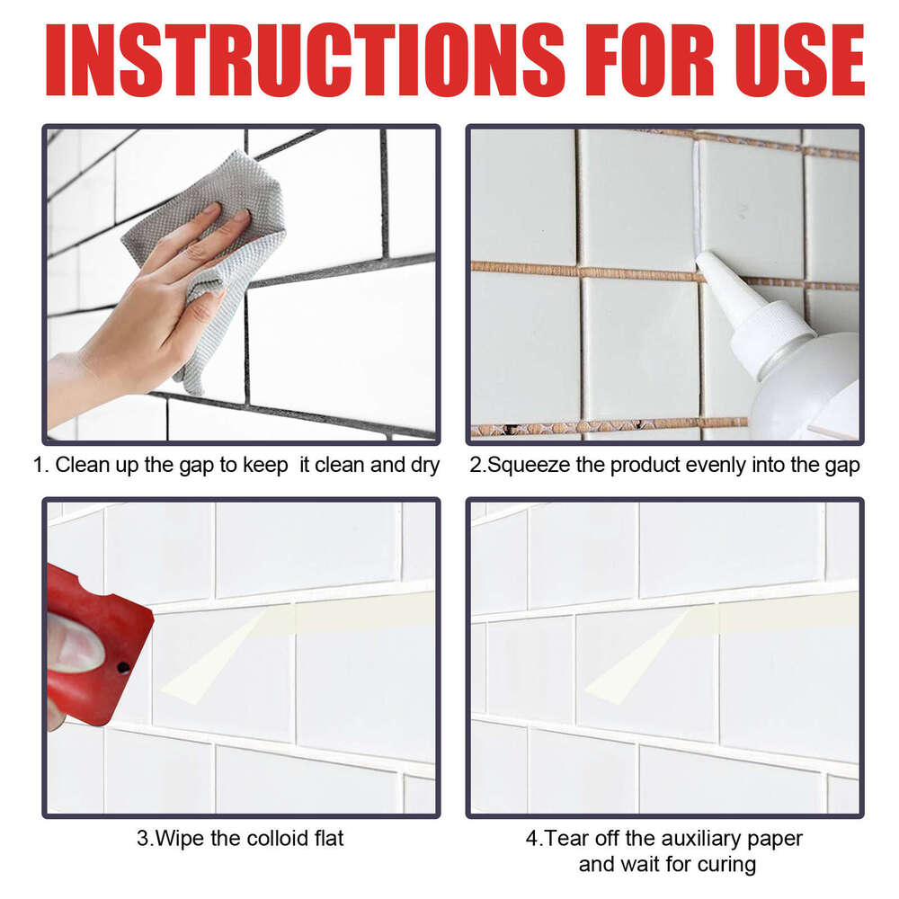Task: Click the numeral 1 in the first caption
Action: coord(39,466)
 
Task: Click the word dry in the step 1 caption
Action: coord(423,466)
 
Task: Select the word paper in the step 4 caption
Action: coord(777,839)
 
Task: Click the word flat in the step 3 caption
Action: coord(327,839)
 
